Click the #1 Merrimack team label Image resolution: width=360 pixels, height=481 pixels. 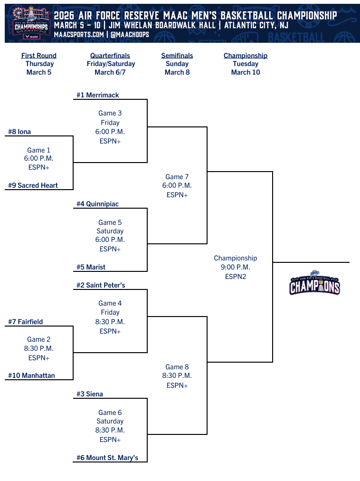[98, 95]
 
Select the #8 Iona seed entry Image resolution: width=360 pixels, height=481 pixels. [19, 132]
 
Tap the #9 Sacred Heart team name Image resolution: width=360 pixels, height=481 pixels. [33, 185]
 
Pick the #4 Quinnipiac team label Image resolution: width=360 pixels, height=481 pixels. [98, 204]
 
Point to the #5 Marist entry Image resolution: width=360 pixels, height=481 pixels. [91, 267]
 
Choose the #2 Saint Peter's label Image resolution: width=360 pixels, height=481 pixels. [101, 285]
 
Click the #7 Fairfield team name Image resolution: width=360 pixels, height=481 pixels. [25, 322]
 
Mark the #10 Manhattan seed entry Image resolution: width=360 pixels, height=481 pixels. [31, 375]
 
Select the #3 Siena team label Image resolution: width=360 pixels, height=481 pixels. [90, 394]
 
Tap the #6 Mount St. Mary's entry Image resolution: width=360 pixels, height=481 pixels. [107, 458]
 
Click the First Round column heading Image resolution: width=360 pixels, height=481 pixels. [39, 56]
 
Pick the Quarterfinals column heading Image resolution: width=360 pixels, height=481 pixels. [110, 56]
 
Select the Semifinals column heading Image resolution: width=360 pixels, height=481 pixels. [177, 56]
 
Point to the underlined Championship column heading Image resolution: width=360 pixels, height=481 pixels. [246, 56]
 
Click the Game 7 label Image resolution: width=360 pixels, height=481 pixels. [177, 177]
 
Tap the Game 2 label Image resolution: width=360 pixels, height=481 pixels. [39, 339]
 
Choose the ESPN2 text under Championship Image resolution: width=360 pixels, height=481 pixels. [236, 277]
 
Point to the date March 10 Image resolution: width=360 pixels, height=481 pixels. [246, 72]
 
